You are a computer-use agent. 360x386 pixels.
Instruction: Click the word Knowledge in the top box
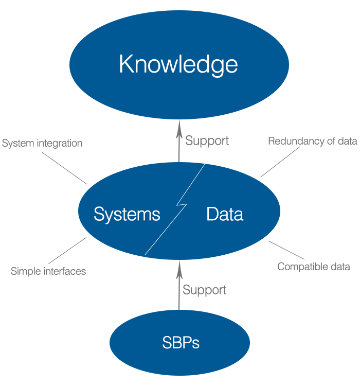coord(178,65)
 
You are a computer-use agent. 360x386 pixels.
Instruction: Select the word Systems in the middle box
coord(127,214)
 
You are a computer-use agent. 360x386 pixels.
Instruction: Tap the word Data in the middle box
coord(225,214)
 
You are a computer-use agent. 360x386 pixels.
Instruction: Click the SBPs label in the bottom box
coord(181,343)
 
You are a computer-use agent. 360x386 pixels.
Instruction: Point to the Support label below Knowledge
coord(207,141)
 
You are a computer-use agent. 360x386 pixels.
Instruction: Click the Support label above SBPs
coord(204,290)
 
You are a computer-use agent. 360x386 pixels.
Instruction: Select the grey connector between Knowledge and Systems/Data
coord(179,141)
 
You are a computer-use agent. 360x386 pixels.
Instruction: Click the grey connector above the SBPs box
coord(179,285)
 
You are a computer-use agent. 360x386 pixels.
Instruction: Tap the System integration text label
coord(42,143)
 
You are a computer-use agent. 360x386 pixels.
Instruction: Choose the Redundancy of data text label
coord(312,141)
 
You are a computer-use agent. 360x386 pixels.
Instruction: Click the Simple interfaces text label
coord(48,271)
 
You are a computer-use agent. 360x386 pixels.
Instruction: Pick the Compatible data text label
coord(314,267)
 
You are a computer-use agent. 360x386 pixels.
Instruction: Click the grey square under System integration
coord(64,168)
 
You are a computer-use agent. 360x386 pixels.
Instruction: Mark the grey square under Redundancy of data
coord(280,162)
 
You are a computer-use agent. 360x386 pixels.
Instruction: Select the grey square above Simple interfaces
coord(67,251)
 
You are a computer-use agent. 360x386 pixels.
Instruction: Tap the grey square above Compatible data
coord(286,250)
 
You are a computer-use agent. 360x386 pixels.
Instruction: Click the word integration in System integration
coord(59,143)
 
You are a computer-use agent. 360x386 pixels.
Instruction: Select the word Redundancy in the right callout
coord(292,141)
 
